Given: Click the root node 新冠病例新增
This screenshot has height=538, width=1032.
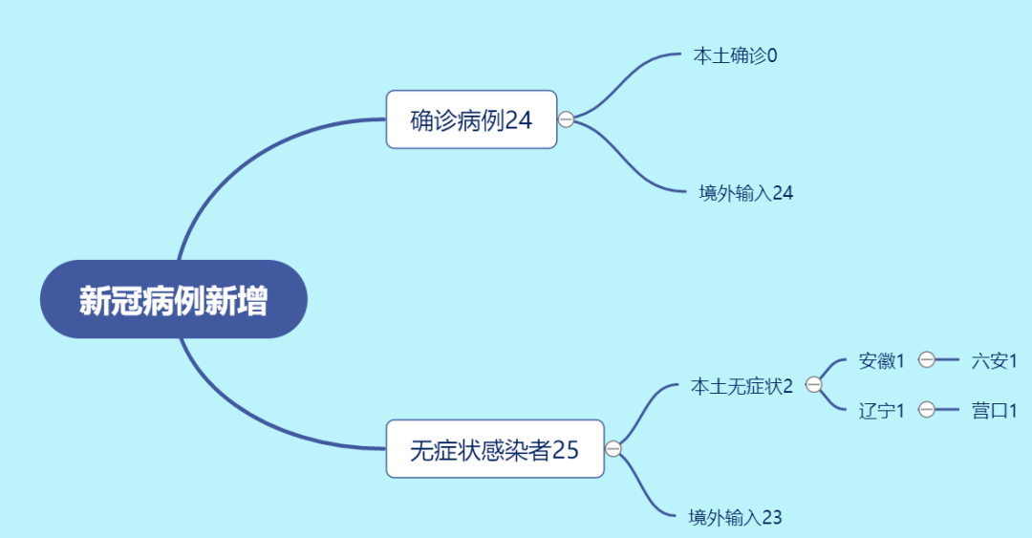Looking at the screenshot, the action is pos(174,300).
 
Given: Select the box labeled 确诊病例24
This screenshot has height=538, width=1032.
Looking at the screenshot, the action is pos(471,119).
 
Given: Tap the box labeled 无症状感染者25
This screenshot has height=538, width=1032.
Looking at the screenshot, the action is pos(495,449).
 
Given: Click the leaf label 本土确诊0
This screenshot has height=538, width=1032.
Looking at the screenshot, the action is pos(735,56).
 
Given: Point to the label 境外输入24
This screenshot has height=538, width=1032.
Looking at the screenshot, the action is pos(745,193).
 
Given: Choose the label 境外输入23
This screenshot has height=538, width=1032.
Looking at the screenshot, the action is pos(735,518).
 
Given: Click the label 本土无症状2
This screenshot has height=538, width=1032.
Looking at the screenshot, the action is pos(742,386).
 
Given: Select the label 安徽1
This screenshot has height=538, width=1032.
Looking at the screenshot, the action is pos(881,361).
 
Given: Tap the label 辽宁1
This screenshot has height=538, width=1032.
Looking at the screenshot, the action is pos(881,411).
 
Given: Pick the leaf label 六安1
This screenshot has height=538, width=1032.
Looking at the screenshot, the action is pos(994,361).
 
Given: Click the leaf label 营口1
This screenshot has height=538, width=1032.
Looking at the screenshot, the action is pos(994,411).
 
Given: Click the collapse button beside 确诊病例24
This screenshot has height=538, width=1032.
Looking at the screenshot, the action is pos(566,119).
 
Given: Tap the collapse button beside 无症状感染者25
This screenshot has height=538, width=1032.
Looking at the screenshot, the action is pos(613,449).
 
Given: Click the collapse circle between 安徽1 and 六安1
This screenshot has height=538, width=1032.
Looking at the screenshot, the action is pos(927,359).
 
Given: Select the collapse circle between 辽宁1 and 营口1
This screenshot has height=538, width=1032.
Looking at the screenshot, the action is pos(927,410).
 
